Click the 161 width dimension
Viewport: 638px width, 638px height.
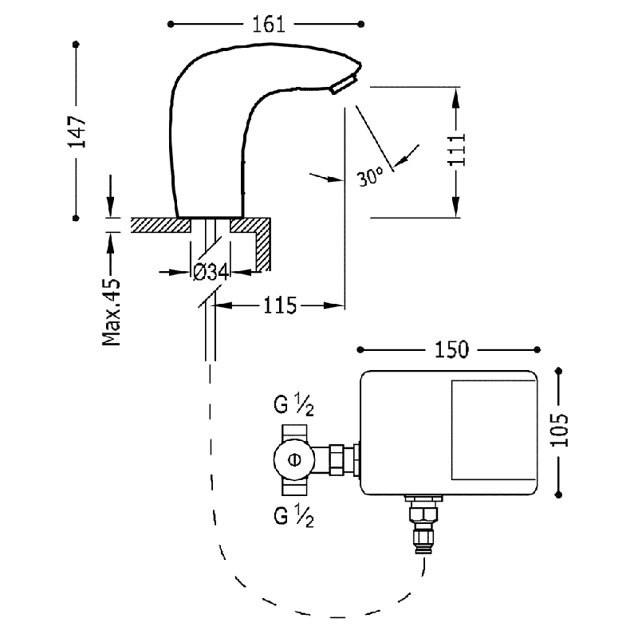click(269, 25)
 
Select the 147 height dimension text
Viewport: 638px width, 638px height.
click(77, 132)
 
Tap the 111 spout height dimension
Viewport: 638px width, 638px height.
click(456, 149)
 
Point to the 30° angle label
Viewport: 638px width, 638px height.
click(370, 176)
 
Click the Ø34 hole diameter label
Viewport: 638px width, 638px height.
click(211, 272)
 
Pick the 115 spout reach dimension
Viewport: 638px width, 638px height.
click(280, 305)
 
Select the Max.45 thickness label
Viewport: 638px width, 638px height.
click(112, 312)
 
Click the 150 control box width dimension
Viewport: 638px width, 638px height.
click(451, 349)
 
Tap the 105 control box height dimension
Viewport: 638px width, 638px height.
click(560, 430)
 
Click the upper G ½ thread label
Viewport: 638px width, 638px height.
click(293, 405)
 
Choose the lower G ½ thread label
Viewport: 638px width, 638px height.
click(293, 517)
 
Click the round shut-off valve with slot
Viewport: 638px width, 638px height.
click(294, 460)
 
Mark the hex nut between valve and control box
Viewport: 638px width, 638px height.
click(337, 459)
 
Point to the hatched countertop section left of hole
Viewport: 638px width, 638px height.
click(161, 225)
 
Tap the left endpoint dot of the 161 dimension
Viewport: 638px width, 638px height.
click(171, 25)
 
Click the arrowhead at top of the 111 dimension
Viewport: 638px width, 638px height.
click(455, 97)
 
